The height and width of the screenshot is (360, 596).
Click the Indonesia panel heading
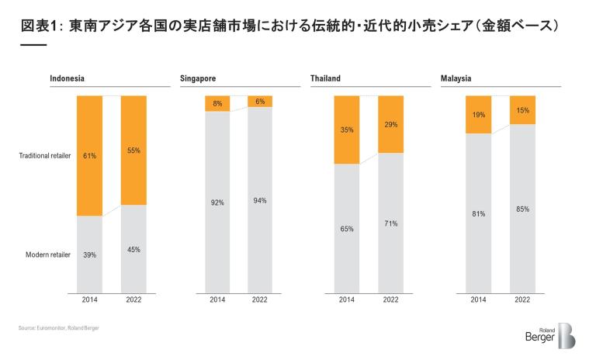pos(67,78)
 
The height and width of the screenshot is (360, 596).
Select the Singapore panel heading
pos(198,78)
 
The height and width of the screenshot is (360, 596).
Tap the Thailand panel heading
pos(325,78)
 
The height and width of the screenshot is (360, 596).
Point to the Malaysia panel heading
pos(456,78)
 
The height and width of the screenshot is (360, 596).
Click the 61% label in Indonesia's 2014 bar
pos(89,156)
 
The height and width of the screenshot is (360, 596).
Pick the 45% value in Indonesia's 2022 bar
pos(133,249)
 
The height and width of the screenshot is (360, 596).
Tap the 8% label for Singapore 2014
pos(218,103)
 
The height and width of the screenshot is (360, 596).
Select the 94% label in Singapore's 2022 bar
pos(260,201)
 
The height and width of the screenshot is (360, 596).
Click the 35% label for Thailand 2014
pos(347,130)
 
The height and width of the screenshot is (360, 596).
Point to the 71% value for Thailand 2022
pos(390,223)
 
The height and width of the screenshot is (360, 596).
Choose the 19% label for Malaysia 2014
pos(478,114)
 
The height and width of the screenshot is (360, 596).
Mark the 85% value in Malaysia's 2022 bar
pos(522,209)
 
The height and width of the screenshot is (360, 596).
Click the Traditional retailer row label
pos(45,156)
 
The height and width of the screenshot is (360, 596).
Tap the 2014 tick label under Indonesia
pos(89,299)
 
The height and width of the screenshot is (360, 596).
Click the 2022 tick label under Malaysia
pos(522,299)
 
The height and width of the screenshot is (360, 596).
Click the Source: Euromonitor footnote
pos(59,328)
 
